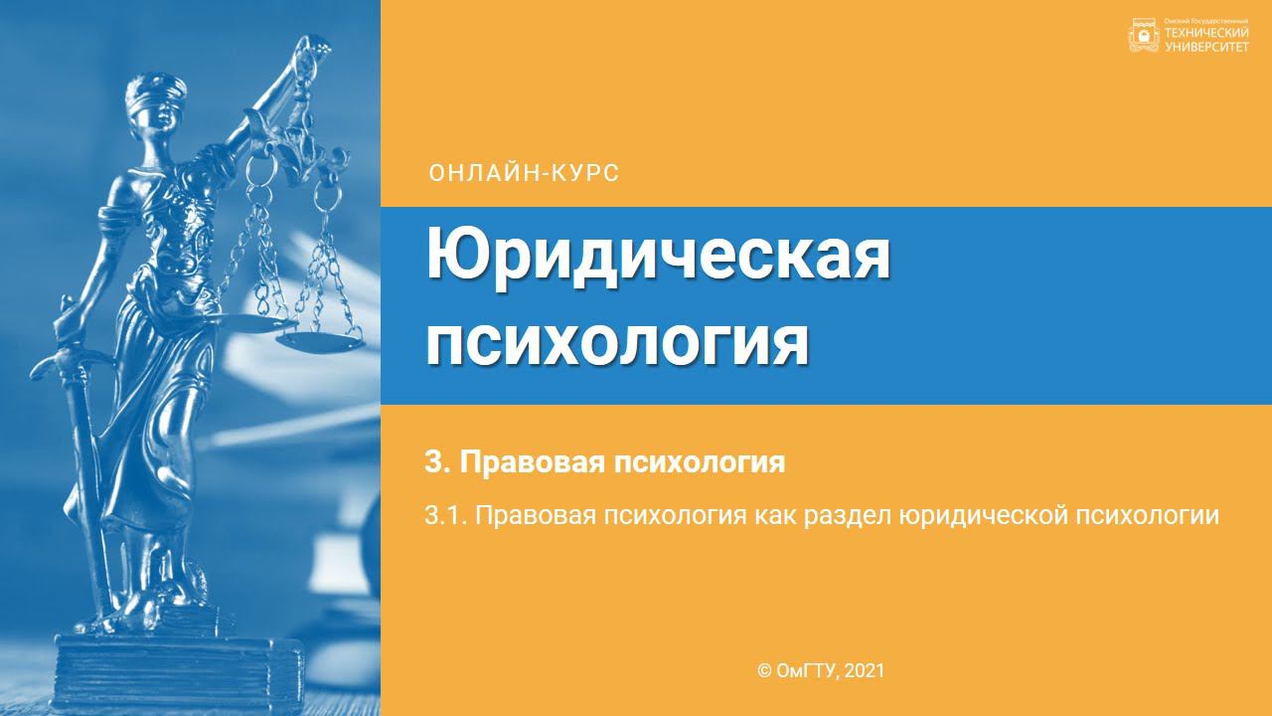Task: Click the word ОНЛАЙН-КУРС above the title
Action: [524, 173]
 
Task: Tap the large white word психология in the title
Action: [617, 340]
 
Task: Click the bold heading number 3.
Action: [432, 462]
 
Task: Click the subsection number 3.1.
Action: [443, 516]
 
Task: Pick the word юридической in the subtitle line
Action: [982, 516]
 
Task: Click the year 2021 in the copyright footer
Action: [864, 671]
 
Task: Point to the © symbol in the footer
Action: [764, 671]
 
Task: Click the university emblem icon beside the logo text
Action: [1144, 36]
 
